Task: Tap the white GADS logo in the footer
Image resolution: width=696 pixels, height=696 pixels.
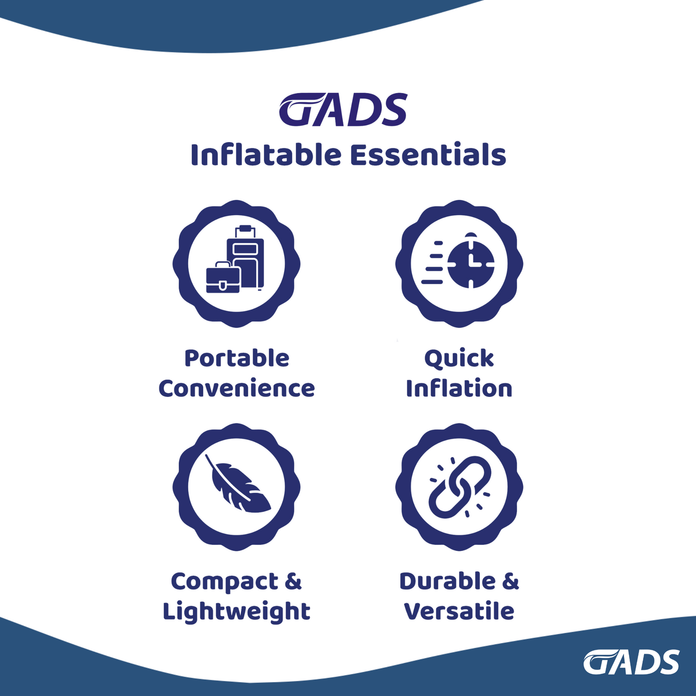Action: click(x=631, y=662)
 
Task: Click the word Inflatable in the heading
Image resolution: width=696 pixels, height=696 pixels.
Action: click(x=266, y=154)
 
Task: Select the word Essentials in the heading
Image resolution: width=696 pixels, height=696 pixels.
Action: click(x=428, y=155)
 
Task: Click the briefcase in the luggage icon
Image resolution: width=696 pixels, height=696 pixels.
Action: click(x=223, y=277)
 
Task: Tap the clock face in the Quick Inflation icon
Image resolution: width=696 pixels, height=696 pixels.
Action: click(x=471, y=264)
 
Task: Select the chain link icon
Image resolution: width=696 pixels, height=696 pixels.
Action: click(x=460, y=486)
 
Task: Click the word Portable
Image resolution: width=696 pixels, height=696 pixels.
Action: click(x=237, y=358)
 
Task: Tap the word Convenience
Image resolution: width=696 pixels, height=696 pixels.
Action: click(x=236, y=388)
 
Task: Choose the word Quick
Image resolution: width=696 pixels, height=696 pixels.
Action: click(x=459, y=359)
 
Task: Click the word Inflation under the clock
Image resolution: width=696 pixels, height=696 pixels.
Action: click(x=459, y=388)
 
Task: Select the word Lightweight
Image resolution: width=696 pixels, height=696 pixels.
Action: click(x=236, y=612)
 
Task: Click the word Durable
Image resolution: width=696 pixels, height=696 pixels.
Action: click(x=448, y=581)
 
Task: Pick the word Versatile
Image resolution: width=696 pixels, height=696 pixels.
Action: click(x=459, y=611)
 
